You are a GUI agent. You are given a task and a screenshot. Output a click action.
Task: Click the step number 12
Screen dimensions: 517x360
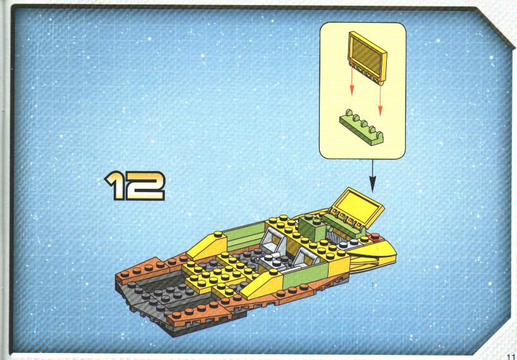(x=135, y=186)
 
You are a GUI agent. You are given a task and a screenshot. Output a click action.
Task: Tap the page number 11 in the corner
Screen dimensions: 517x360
(x=511, y=356)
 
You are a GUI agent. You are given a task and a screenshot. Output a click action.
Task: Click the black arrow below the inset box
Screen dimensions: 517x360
(x=373, y=176)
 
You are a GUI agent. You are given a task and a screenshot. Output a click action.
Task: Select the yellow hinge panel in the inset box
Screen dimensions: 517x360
(x=367, y=57)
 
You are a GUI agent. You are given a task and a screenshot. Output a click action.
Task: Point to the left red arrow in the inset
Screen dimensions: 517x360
(x=352, y=78)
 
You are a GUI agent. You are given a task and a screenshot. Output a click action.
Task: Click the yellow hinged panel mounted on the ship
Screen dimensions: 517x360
(x=356, y=207)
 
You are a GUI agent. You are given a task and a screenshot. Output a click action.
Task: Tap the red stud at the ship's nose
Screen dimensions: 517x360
(x=375, y=236)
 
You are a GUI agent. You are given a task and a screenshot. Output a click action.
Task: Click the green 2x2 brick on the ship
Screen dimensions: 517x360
(x=312, y=227)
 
